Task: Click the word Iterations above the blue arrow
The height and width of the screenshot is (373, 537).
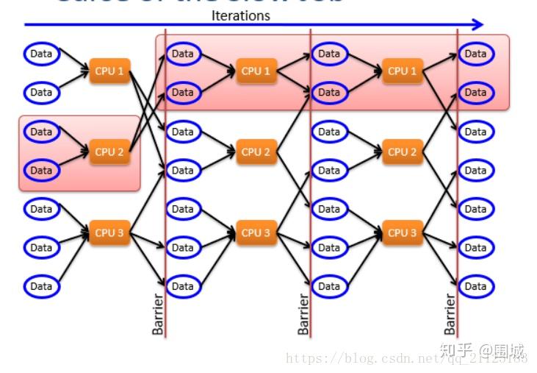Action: pos(240,15)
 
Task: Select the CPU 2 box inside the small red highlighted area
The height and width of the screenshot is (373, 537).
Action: pos(109,152)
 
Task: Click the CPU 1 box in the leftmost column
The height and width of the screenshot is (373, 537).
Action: pos(109,71)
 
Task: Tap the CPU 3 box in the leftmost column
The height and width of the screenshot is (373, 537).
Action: pos(109,232)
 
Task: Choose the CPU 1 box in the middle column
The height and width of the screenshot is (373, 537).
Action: pos(256,71)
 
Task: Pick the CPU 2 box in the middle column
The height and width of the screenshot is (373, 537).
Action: pos(256,152)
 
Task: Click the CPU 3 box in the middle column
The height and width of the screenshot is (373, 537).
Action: pos(256,232)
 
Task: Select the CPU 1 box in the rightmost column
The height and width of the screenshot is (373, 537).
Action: pos(402,71)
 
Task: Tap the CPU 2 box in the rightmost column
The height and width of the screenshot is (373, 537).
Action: pos(402,152)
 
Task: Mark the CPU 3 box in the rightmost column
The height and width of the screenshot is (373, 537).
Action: pos(402,232)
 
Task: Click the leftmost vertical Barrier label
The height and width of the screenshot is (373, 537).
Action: pos(158,314)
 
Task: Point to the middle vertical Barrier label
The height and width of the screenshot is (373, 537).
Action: pos(303,314)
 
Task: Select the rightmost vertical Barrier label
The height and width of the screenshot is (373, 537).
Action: pos(450,314)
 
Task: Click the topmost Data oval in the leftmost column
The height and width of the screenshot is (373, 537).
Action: pos(41,53)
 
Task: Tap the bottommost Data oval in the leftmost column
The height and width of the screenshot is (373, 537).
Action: pos(41,286)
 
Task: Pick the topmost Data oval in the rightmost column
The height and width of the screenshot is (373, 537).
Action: pos(475,53)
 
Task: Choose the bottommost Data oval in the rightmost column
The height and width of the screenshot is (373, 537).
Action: pos(475,286)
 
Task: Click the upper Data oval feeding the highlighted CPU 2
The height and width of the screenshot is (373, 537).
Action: pos(41,132)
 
